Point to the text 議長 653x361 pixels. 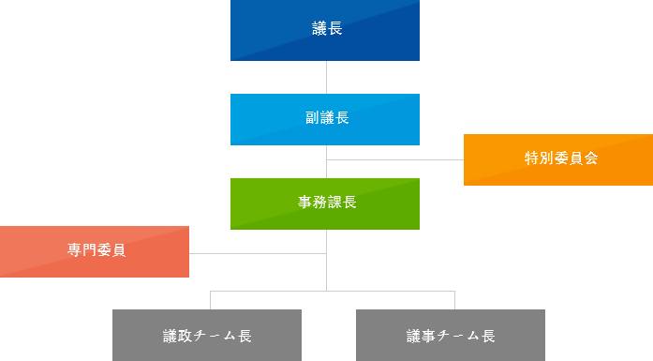click(x=327, y=29)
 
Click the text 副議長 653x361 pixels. click(x=327, y=118)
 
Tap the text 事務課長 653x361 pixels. click(x=327, y=203)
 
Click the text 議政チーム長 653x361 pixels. click(x=207, y=335)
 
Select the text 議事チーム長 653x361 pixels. click(x=451, y=335)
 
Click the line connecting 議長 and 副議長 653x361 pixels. click(x=326, y=77)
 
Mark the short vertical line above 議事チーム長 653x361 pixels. click(x=454, y=300)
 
